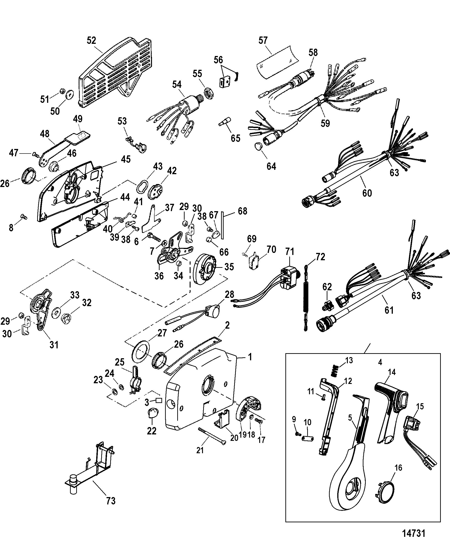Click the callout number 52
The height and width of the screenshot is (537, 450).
point(91,40)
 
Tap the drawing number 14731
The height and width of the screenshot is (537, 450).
point(414,532)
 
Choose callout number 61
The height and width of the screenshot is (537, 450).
point(389,310)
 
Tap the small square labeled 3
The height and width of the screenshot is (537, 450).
point(159,401)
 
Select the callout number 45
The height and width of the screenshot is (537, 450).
point(126,159)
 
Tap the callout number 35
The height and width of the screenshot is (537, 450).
point(229,267)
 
